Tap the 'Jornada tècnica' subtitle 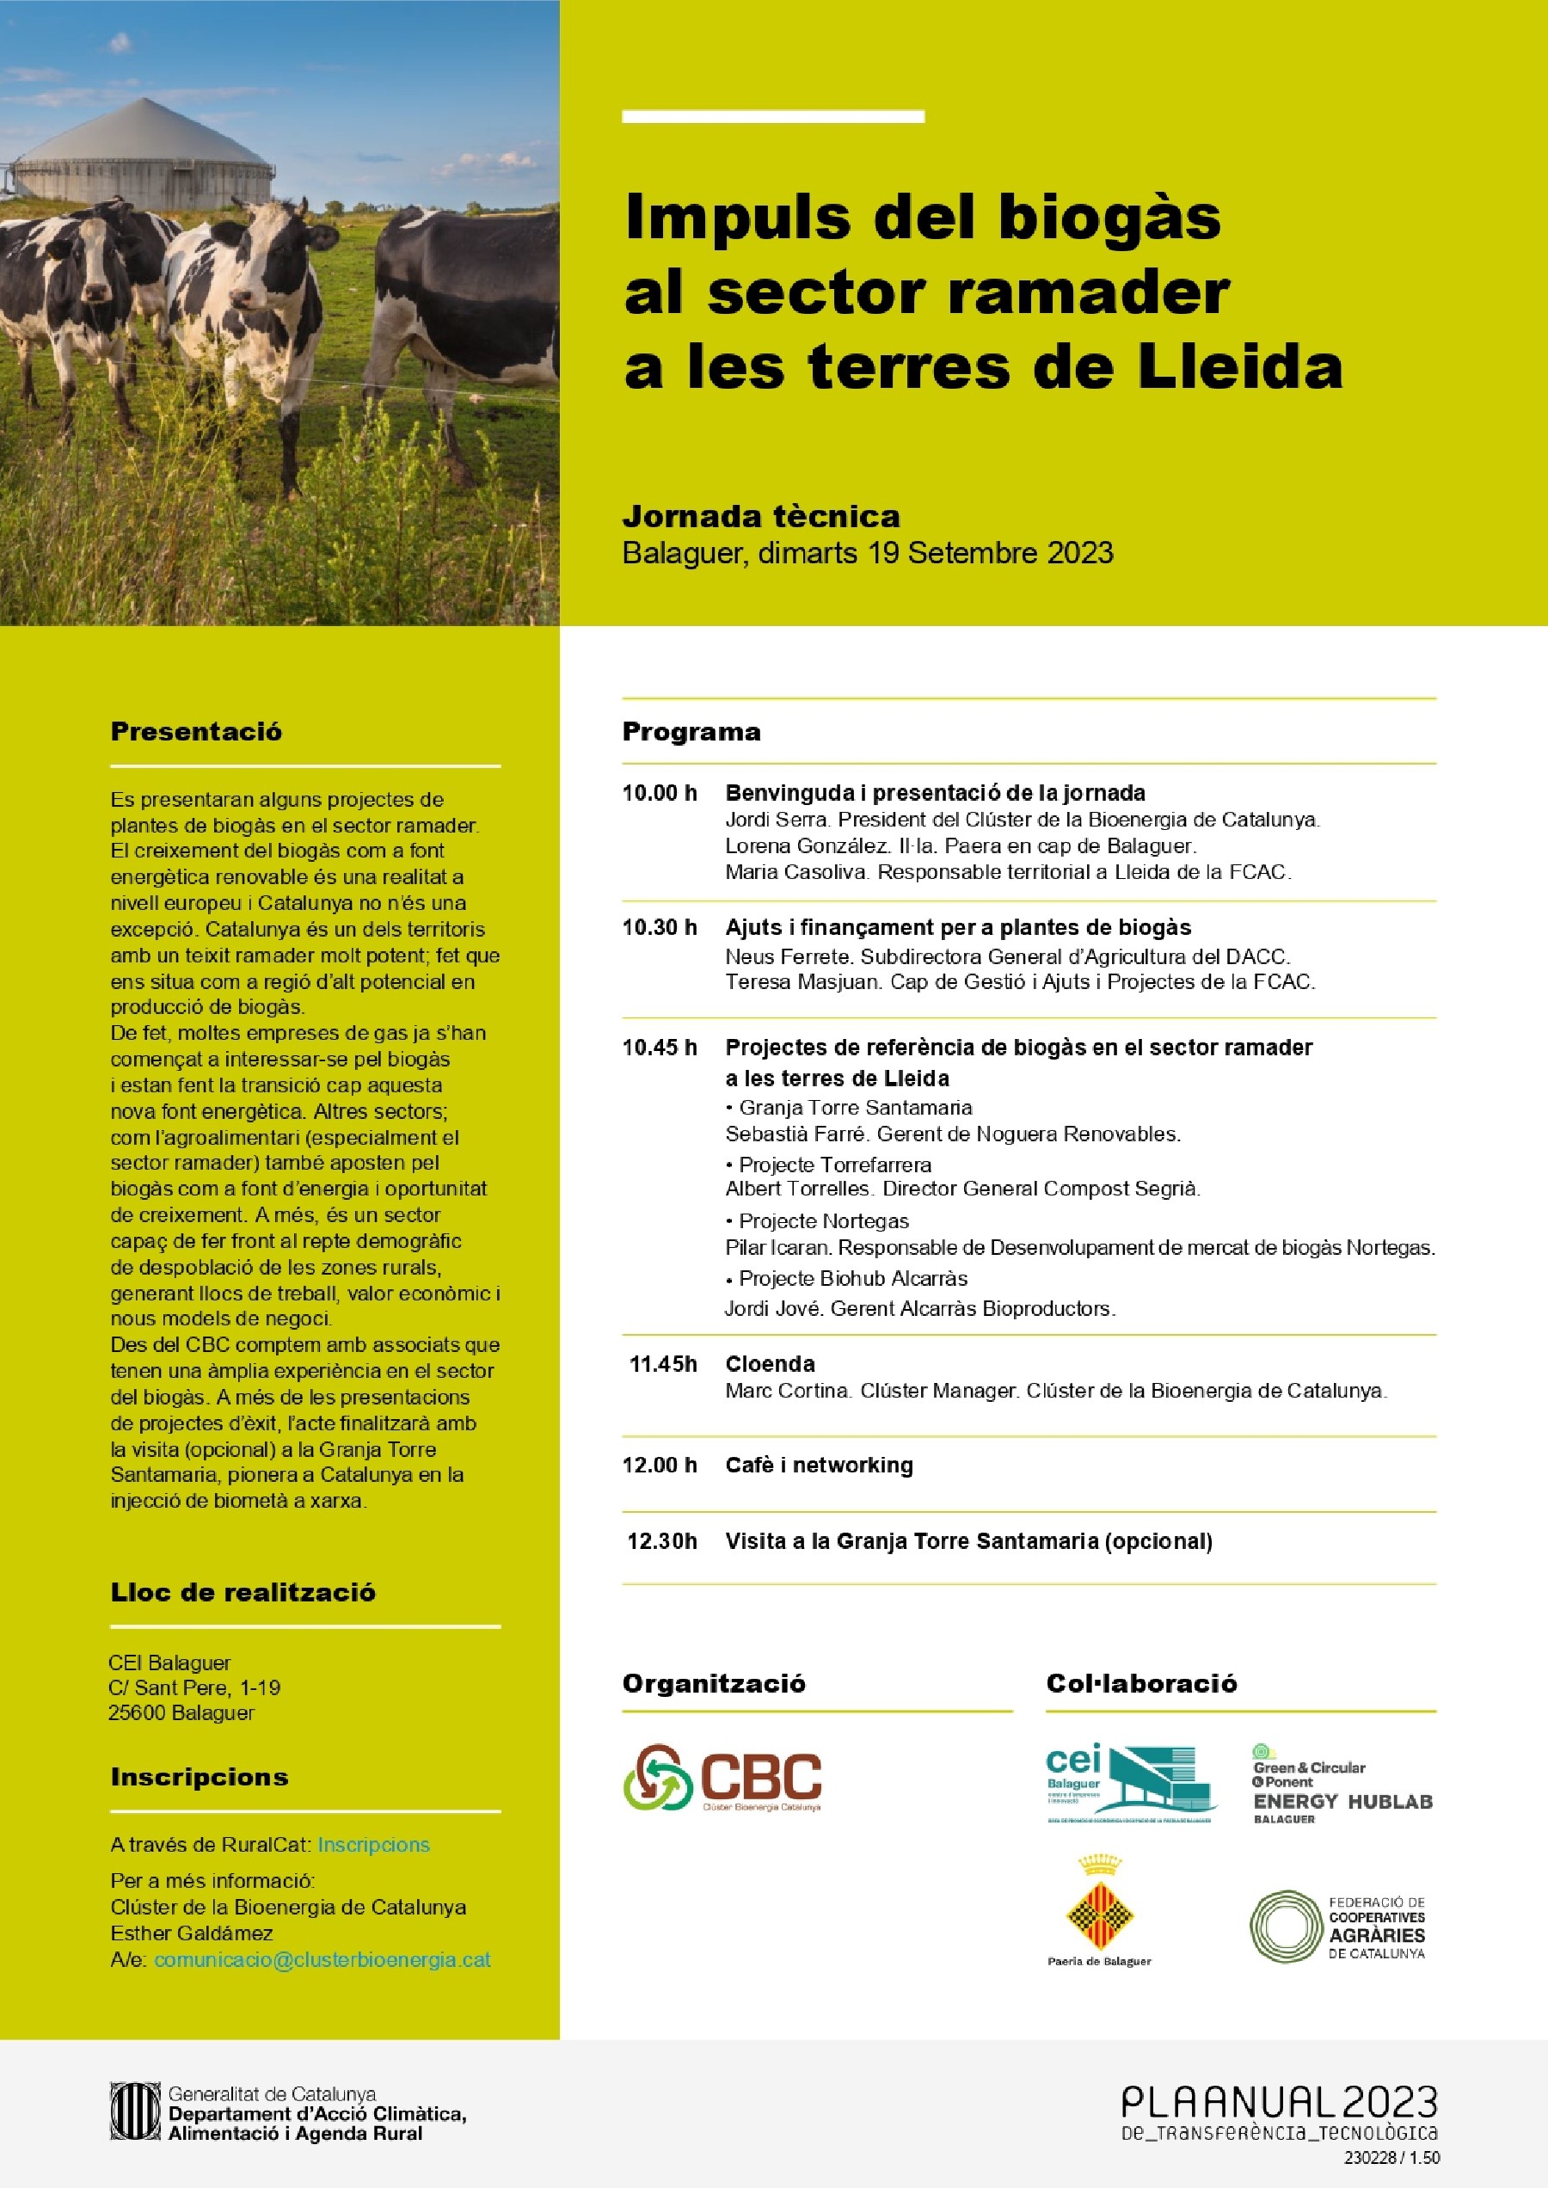point(760,517)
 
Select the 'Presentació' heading point(196,731)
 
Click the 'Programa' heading point(691,731)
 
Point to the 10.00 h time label point(660,793)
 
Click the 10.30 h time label point(660,928)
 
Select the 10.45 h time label point(660,1048)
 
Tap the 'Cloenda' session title point(769,1363)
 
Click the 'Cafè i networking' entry point(819,1465)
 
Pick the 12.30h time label point(661,1540)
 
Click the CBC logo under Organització point(722,1777)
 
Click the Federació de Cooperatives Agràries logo point(1337,1927)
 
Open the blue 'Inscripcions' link point(373,1845)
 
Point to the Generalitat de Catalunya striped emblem point(133,2111)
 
